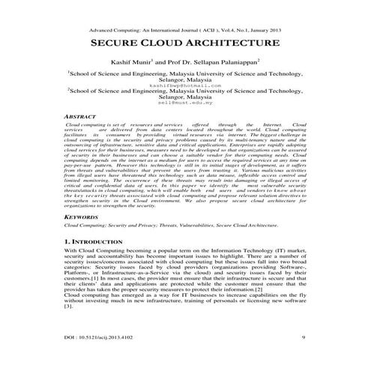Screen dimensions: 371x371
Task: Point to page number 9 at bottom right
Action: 301,338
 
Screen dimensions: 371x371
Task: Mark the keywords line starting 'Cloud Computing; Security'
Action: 172,224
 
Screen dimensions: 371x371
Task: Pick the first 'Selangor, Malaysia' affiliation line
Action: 185,79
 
